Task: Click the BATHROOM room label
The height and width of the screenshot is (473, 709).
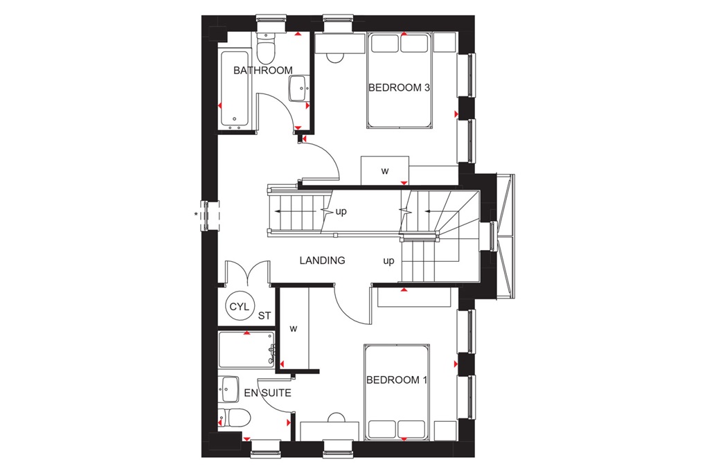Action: pyautogui.click(x=262, y=71)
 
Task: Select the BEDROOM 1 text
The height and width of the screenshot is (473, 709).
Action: pyautogui.click(x=393, y=380)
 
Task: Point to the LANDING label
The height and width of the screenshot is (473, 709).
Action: pyautogui.click(x=322, y=260)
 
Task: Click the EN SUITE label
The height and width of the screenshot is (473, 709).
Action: pyautogui.click(x=267, y=393)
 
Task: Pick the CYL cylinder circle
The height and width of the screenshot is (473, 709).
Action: pyautogui.click(x=237, y=307)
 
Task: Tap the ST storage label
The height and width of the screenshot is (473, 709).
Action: pyautogui.click(x=264, y=316)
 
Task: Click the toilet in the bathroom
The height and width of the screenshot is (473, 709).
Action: pyautogui.click(x=265, y=48)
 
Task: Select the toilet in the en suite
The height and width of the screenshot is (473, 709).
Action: pyautogui.click(x=234, y=418)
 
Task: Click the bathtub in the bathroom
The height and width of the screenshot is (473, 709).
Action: pyautogui.click(x=235, y=89)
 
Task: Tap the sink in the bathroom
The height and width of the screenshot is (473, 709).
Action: pyautogui.click(x=298, y=87)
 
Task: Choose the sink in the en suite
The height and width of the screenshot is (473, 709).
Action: pyautogui.click(x=229, y=388)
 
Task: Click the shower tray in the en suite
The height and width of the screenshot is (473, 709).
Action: pyautogui.click(x=246, y=350)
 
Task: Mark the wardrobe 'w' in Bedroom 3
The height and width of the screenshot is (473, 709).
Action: pyautogui.click(x=384, y=170)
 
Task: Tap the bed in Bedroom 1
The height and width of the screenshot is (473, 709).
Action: pyautogui.click(x=398, y=393)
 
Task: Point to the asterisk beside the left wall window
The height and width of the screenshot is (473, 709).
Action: pyautogui.click(x=196, y=215)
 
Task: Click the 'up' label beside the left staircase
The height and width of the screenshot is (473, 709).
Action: pyautogui.click(x=341, y=212)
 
